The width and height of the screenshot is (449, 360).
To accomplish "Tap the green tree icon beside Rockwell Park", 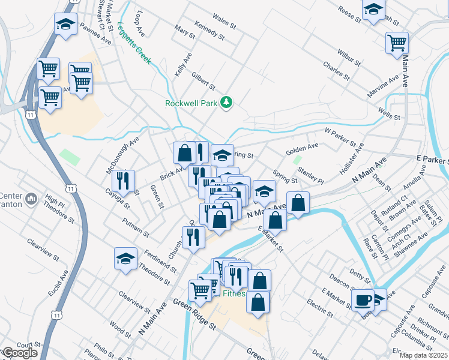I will tap(226, 103).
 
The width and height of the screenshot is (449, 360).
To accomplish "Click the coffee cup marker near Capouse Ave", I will tap(363, 299).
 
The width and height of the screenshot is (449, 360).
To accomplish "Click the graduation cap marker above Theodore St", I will tap(125, 259).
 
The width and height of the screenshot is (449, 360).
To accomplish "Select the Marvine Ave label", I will tap(384, 87).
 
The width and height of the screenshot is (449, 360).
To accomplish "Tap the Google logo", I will tap(19, 353).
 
